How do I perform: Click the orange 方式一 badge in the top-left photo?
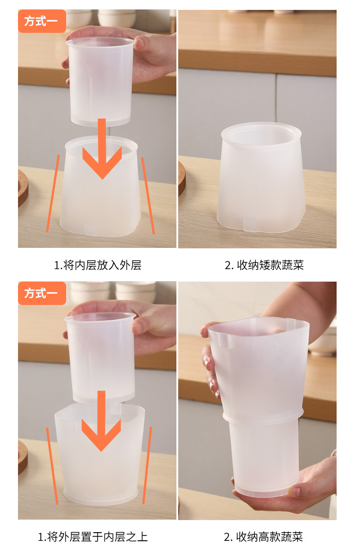tap(42, 21)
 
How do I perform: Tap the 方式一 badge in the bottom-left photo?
tap(42, 293)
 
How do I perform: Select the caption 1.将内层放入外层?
tap(98, 265)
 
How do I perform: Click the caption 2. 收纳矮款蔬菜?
tap(264, 265)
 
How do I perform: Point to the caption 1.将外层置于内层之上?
tap(93, 536)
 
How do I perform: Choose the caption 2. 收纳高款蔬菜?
tap(264, 536)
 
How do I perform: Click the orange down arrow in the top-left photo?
tap(102, 153)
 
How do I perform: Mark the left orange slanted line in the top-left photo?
tap(53, 193)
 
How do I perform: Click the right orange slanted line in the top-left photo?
tap(148, 196)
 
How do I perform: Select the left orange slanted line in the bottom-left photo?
tap(52, 466)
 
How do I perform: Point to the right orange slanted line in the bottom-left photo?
tap(147, 466)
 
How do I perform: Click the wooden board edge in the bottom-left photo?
tap(22, 457)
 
